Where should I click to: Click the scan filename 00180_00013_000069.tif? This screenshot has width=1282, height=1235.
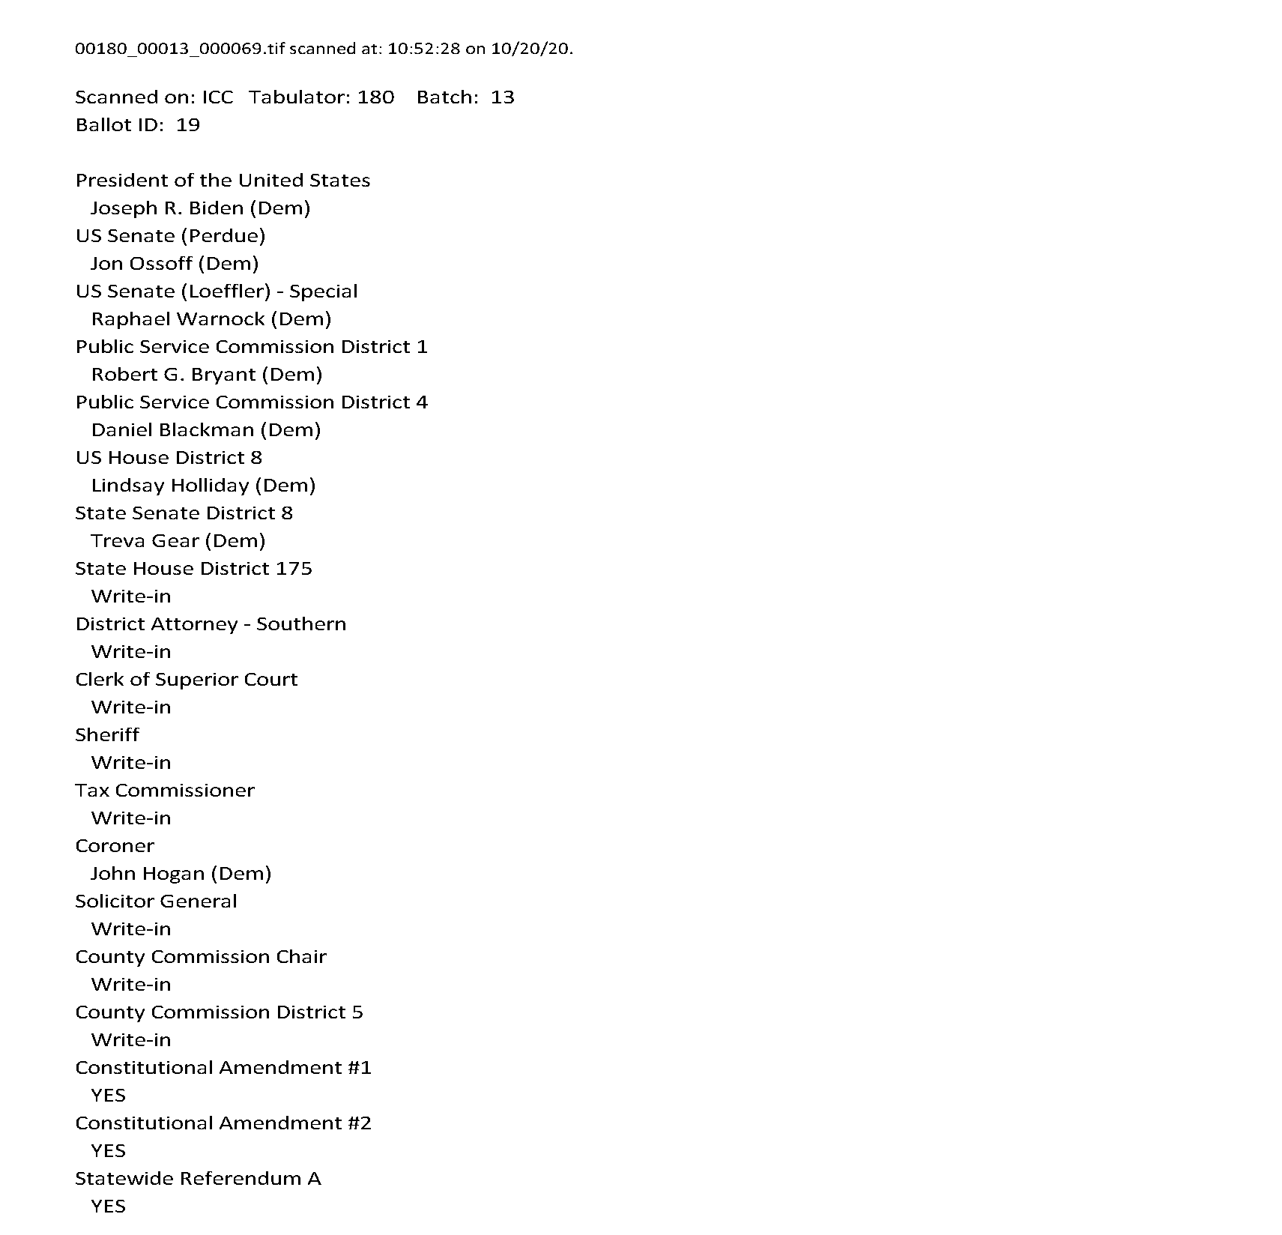tap(180, 49)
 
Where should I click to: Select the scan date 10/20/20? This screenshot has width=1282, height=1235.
tap(530, 49)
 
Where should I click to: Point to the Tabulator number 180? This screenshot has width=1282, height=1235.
tap(375, 97)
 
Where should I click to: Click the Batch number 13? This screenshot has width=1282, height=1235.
tap(503, 97)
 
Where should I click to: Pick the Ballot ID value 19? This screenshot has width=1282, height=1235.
tap(188, 125)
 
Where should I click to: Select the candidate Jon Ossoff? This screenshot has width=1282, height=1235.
tap(141, 264)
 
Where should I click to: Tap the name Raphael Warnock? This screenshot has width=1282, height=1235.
tap(178, 319)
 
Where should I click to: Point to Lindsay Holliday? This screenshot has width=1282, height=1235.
tap(169, 486)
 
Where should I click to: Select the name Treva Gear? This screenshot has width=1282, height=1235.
tap(145, 541)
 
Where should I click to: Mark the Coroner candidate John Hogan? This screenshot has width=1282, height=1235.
tap(148, 874)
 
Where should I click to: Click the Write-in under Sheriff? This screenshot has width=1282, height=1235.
tap(131, 763)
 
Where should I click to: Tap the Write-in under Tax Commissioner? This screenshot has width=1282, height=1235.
tap(131, 818)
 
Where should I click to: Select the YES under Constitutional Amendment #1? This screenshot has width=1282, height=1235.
tap(109, 1096)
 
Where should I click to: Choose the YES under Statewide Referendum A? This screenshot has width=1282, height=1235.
tap(109, 1207)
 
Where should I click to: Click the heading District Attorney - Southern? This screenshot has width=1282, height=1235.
tap(211, 624)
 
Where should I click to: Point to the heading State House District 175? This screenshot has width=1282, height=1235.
tap(193, 569)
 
